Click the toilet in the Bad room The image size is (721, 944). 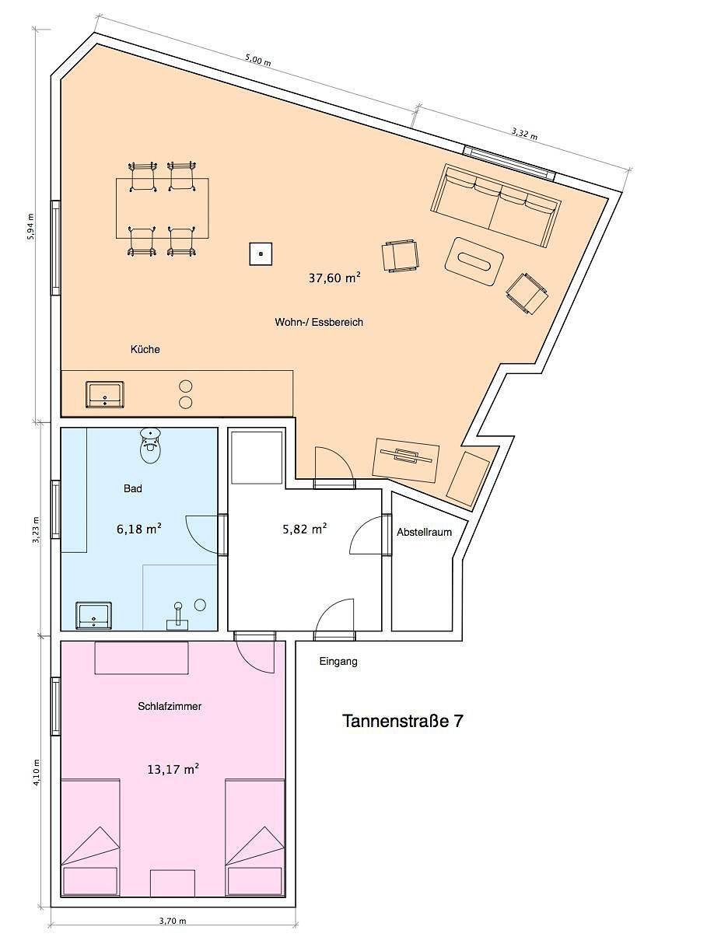click(151, 446)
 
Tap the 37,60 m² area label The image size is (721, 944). click(334, 278)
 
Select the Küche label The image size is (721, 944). click(145, 349)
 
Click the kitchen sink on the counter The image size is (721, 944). click(104, 394)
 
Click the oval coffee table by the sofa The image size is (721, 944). click(474, 261)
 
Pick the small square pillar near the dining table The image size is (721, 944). click(261, 253)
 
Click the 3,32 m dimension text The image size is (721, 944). click(524, 135)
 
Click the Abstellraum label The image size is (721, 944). click(424, 532)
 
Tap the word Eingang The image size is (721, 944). click(338, 661)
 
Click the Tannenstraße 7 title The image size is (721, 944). click(402, 722)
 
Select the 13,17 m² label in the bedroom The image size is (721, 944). click(173, 768)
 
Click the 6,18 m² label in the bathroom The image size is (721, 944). click(139, 528)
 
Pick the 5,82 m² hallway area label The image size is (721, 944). click(305, 528)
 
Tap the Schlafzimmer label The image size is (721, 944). click(170, 706)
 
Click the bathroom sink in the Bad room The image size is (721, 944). click(93, 616)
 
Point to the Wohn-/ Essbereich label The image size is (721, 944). click(319, 322)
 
